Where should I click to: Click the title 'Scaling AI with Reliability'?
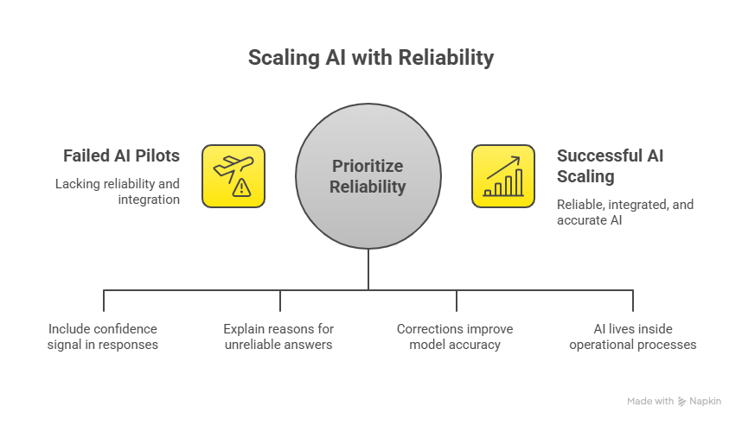370,58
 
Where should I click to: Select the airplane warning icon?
233,176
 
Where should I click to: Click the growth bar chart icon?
502,176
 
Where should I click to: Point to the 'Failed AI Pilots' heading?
121,156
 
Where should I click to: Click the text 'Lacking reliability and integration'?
118,192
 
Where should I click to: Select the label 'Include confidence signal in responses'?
104,336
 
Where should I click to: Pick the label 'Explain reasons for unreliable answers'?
278,336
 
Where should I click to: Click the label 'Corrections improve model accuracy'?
456,336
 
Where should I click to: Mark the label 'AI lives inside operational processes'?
633,336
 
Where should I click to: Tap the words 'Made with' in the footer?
650,401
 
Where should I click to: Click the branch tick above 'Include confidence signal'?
104,300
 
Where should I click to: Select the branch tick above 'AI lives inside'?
633,300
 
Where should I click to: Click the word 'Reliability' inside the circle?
368,186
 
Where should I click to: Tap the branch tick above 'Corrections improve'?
457,300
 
